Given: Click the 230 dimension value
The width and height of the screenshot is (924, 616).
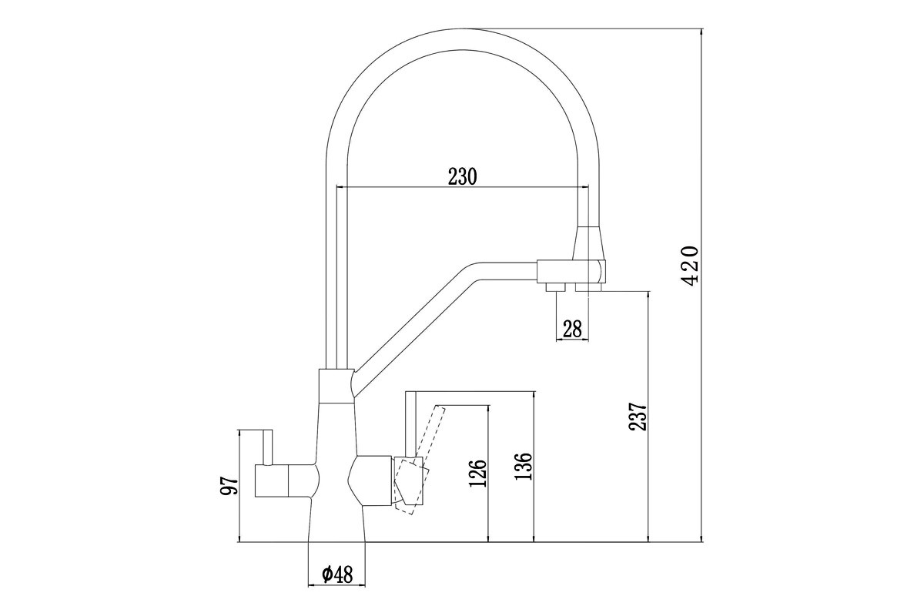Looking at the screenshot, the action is (462, 176).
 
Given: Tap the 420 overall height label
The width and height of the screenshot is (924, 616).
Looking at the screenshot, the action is (689, 266).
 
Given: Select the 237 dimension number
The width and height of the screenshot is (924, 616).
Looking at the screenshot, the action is (638, 417).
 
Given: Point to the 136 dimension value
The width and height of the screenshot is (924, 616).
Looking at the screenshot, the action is (523, 466).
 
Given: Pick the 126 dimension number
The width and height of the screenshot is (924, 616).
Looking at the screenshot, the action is (477, 473).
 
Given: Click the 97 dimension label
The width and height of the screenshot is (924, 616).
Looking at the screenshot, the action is (229, 486).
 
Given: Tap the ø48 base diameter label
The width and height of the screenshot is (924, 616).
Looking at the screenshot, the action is (338, 574).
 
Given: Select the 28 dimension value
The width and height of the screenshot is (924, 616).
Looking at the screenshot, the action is (572, 329).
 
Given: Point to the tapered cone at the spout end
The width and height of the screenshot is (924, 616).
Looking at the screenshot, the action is (589, 243).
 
